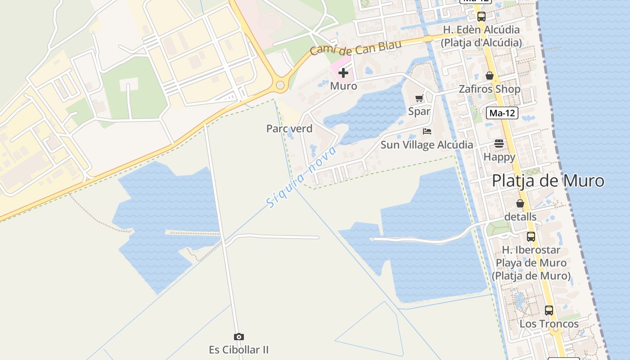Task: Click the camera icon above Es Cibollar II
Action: (x=238, y=337)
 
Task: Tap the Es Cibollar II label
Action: (x=238, y=350)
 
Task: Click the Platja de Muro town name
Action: (x=548, y=181)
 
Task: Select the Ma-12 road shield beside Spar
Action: (x=502, y=113)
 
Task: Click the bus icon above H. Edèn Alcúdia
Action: (x=481, y=17)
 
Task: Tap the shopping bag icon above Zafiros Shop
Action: (x=490, y=76)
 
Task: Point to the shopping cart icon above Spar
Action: (x=419, y=98)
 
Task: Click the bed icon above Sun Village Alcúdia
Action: (x=427, y=131)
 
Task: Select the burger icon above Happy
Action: (x=499, y=144)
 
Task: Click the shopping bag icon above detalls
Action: (x=520, y=203)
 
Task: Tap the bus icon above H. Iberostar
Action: (x=531, y=236)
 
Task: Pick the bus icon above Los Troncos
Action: (x=549, y=310)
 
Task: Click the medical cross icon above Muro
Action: (x=343, y=72)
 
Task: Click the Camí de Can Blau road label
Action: (x=355, y=47)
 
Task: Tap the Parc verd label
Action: (x=289, y=129)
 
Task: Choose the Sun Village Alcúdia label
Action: (x=427, y=145)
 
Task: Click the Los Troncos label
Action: (x=549, y=324)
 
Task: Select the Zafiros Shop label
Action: (x=489, y=89)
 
